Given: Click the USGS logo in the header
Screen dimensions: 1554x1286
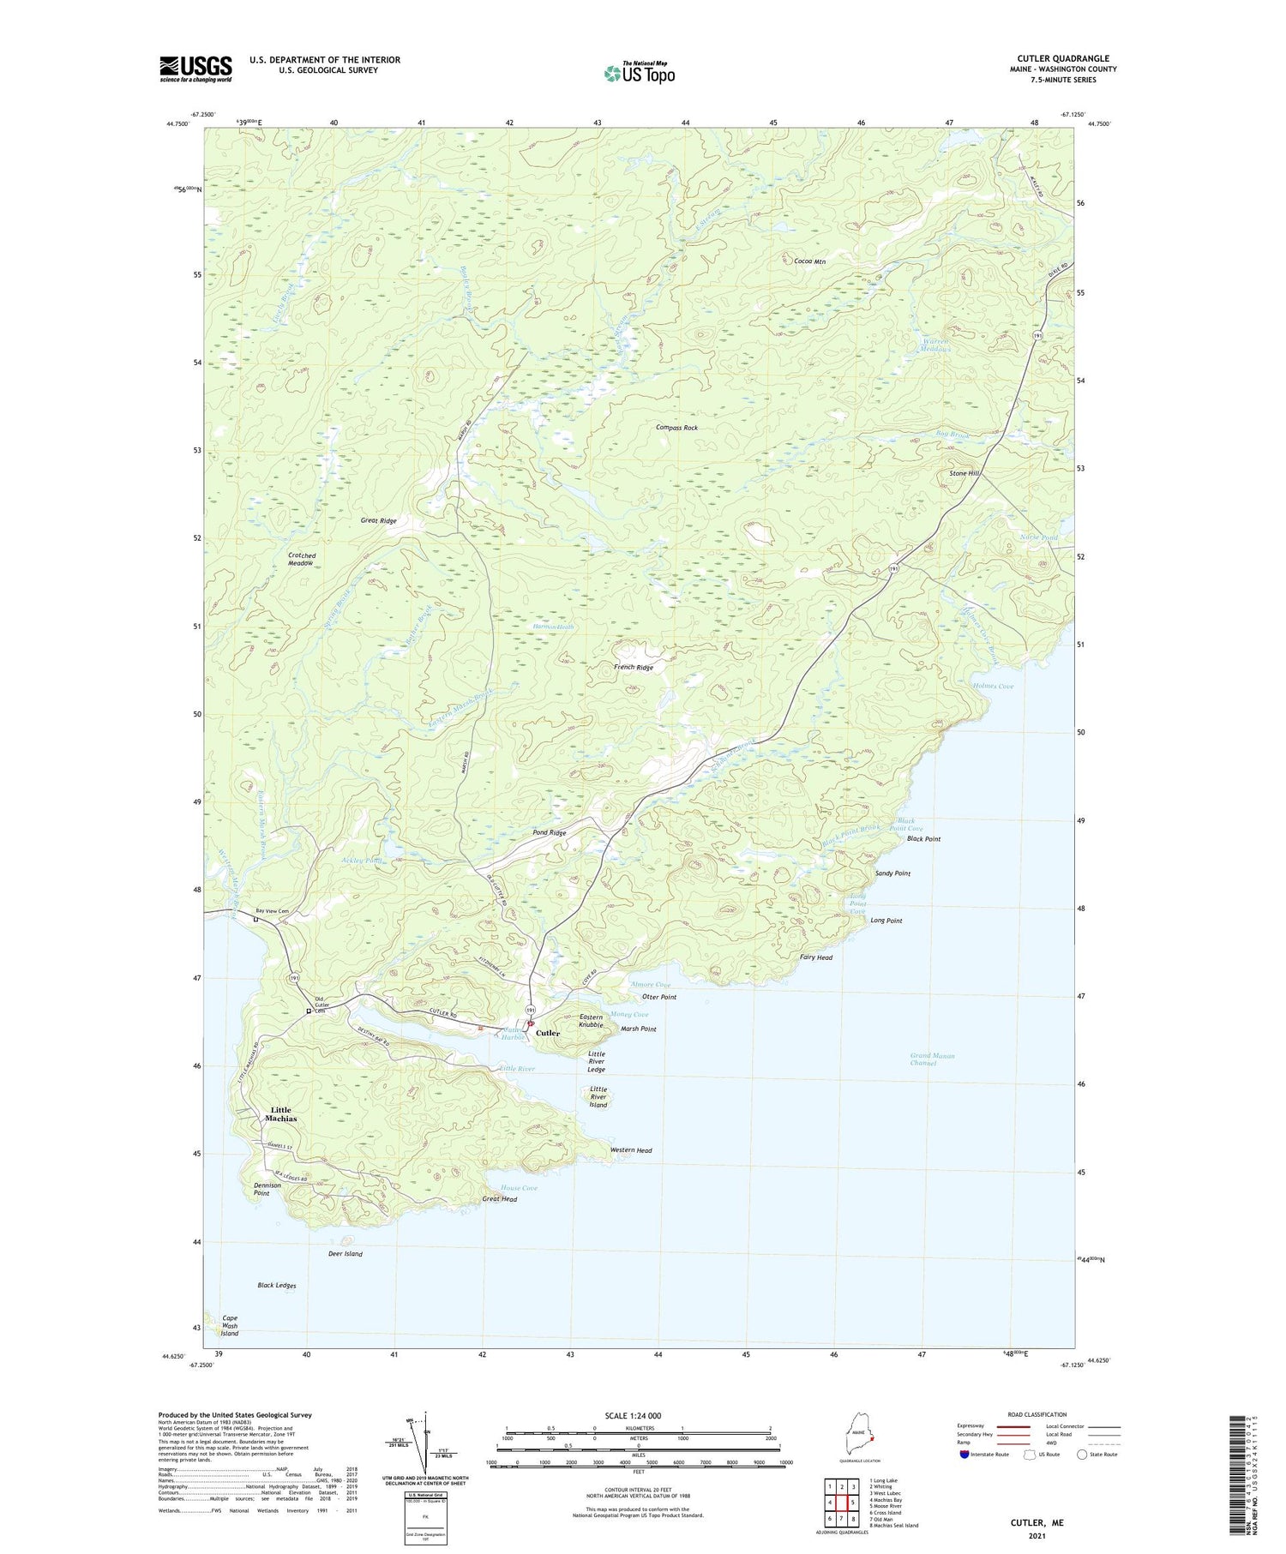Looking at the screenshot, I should [x=195, y=69].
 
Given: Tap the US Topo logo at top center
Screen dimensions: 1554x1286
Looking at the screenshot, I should [x=640, y=73].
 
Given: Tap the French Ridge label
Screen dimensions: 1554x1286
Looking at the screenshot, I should [x=633, y=667].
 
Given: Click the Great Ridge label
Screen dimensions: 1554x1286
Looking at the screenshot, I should [x=378, y=520].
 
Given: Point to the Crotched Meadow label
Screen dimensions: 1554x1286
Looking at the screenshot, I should [x=301, y=559].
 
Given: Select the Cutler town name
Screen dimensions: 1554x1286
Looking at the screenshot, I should [x=548, y=1033].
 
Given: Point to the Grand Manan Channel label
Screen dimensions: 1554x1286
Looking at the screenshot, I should [x=932, y=1059].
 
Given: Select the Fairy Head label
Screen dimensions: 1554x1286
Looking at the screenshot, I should [x=815, y=957].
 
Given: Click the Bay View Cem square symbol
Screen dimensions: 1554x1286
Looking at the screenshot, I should [x=255, y=920].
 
